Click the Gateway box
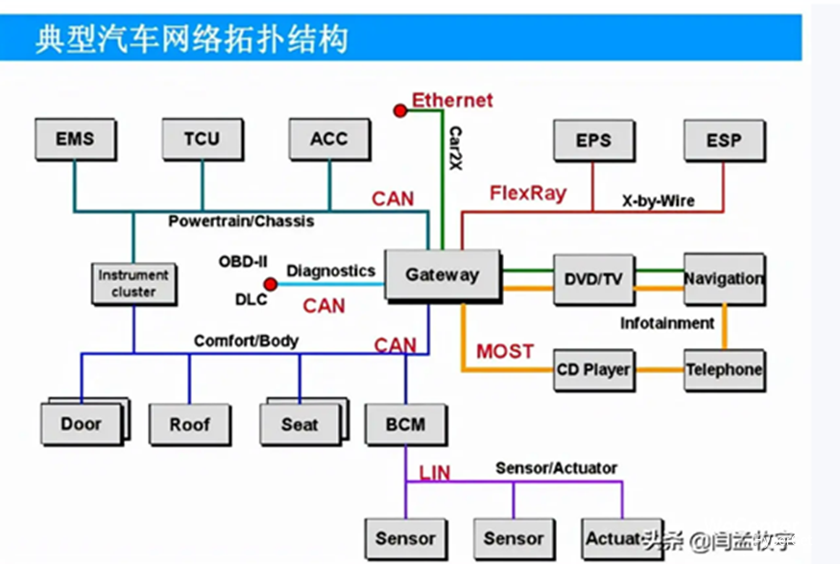[442, 275]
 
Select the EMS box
[75, 140]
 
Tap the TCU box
[202, 140]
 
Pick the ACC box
[329, 140]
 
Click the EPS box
[593, 141]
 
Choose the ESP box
[724, 141]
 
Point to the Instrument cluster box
[133, 284]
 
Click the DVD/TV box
[593, 279]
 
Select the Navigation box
[724, 279]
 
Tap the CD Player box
[593, 369]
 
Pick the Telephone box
[724, 369]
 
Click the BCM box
[405, 424]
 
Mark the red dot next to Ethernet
[400, 110]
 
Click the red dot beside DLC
[271, 284]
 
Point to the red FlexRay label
[528, 193]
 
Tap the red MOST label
[504, 351]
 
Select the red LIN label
[434, 472]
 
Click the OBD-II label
[242, 262]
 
